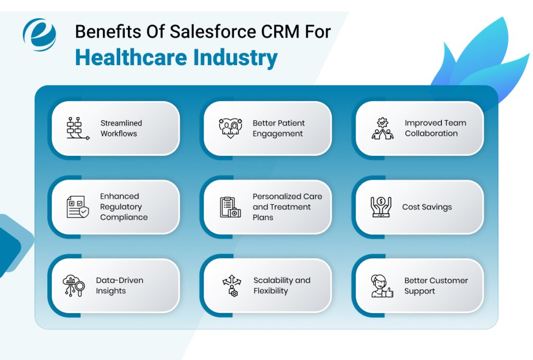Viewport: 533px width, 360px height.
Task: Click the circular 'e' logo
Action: pos(39,34)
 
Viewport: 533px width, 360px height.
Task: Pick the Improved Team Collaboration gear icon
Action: pos(383,128)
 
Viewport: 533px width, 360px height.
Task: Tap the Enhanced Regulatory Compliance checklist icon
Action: pos(78,207)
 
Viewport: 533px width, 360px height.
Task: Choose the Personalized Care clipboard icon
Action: pos(230,207)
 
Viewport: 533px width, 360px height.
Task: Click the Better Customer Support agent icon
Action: pos(382,285)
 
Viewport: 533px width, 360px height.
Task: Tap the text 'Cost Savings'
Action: pos(427,207)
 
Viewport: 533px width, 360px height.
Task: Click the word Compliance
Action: pos(124,217)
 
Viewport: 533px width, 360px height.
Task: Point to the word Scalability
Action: pos(274,280)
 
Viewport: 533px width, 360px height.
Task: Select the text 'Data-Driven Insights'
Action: pos(119,285)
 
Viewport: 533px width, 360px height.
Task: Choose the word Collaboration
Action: pos(431,133)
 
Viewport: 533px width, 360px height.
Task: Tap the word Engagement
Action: pos(277,133)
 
